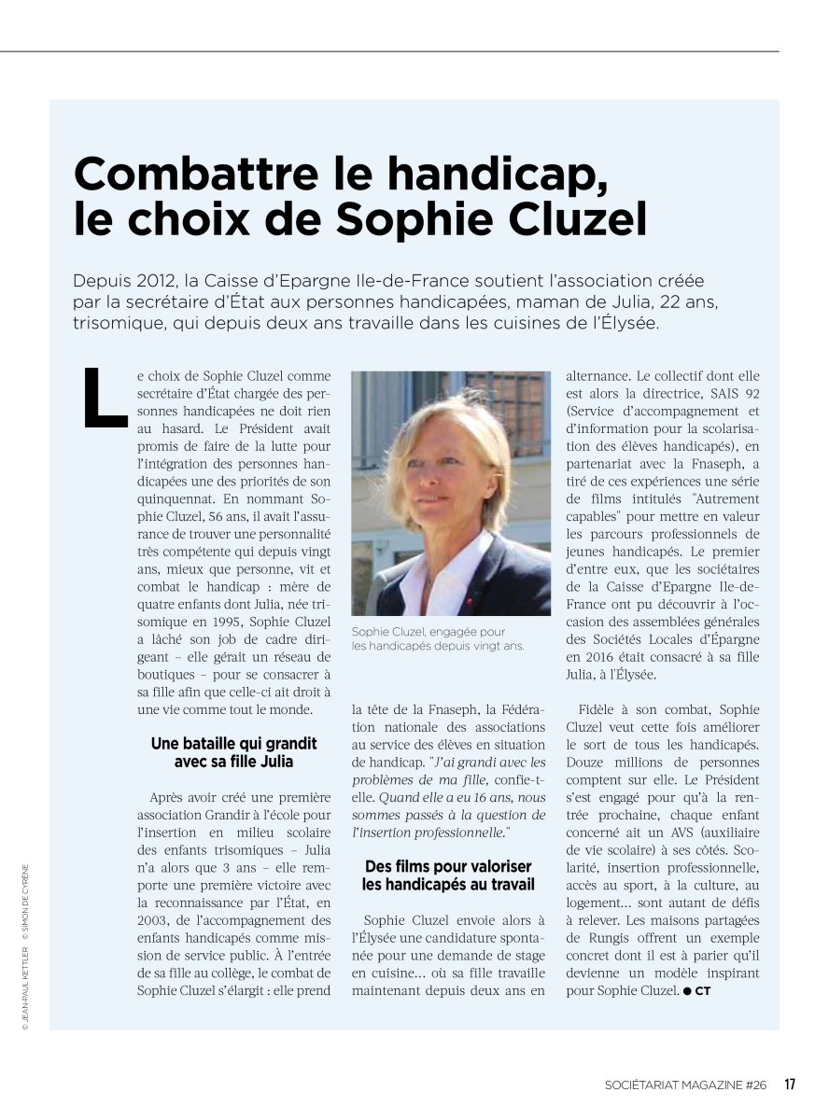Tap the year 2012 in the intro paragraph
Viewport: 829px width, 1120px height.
(x=149, y=281)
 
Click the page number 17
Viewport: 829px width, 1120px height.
(x=789, y=1084)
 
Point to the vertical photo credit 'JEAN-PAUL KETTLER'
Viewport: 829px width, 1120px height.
(x=26, y=984)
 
